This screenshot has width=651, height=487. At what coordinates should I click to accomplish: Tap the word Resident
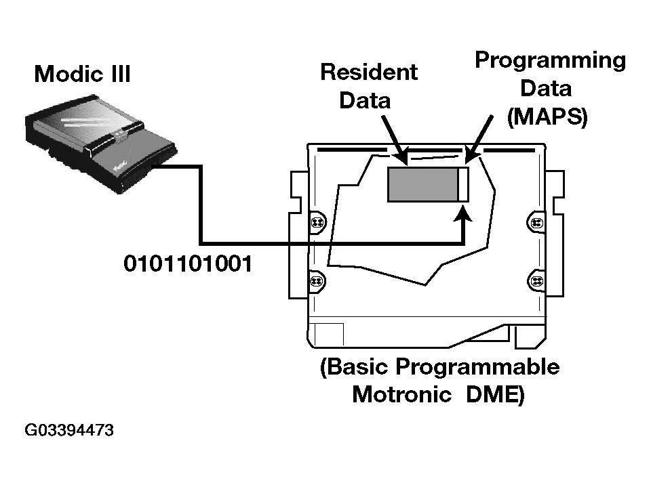[368, 72]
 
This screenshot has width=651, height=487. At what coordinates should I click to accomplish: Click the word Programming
[549, 60]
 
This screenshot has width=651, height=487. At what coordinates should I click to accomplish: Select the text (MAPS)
[547, 117]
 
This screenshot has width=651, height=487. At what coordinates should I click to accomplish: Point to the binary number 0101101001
[188, 263]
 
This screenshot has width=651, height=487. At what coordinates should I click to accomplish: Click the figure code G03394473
[69, 430]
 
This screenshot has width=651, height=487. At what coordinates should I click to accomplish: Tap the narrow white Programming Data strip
[462, 184]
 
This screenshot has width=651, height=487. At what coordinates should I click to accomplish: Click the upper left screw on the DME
[316, 222]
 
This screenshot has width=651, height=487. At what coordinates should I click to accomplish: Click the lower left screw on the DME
[316, 280]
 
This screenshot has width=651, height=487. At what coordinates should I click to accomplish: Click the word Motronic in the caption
[401, 395]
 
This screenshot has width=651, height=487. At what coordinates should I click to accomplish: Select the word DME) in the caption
[495, 395]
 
